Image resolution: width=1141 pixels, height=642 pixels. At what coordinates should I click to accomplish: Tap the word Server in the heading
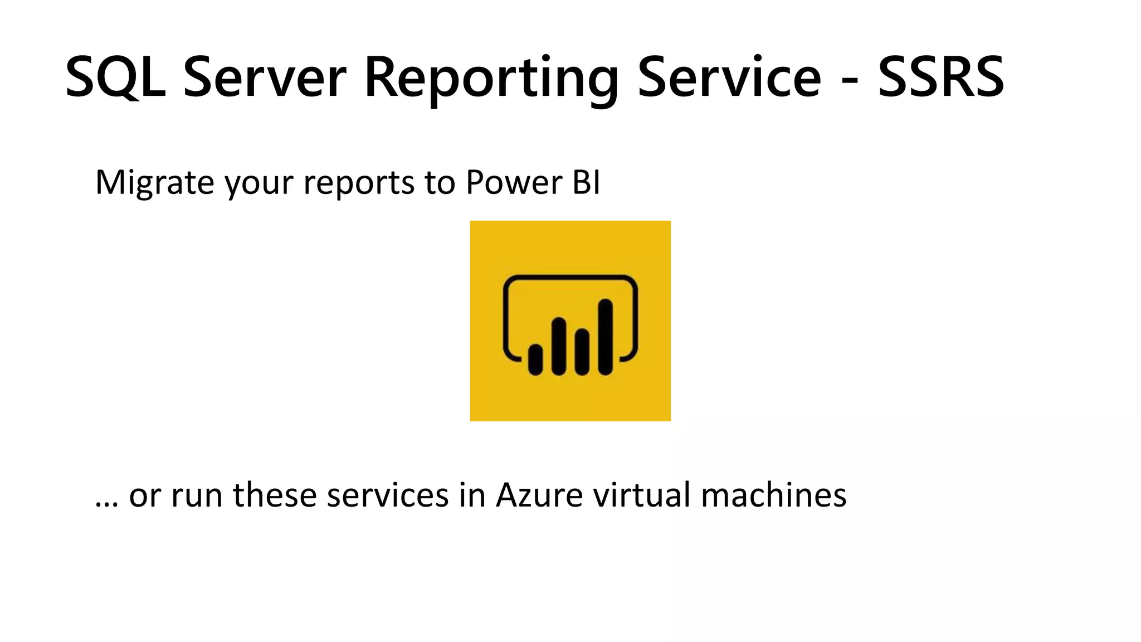[x=265, y=77]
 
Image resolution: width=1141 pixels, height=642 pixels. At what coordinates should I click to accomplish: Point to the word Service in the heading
[x=729, y=77]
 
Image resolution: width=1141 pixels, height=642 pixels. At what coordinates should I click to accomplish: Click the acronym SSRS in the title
[x=941, y=77]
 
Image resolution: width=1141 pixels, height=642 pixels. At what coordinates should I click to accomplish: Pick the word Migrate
[x=154, y=182]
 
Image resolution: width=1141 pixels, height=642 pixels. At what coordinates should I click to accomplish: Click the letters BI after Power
[x=586, y=182]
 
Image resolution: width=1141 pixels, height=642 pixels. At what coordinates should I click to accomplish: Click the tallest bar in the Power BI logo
[x=605, y=337]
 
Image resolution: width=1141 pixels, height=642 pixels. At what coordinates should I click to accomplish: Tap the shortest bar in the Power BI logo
[x=535, y=359]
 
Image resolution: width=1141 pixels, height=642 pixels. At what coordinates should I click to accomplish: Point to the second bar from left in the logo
[x=559, y=346]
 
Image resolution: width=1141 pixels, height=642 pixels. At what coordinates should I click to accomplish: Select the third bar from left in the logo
[x=582, y=352]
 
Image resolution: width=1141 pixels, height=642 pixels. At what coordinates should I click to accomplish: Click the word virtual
[x=642, y=495]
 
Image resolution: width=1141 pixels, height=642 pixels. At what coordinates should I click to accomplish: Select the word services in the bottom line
[x=387, y=495]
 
